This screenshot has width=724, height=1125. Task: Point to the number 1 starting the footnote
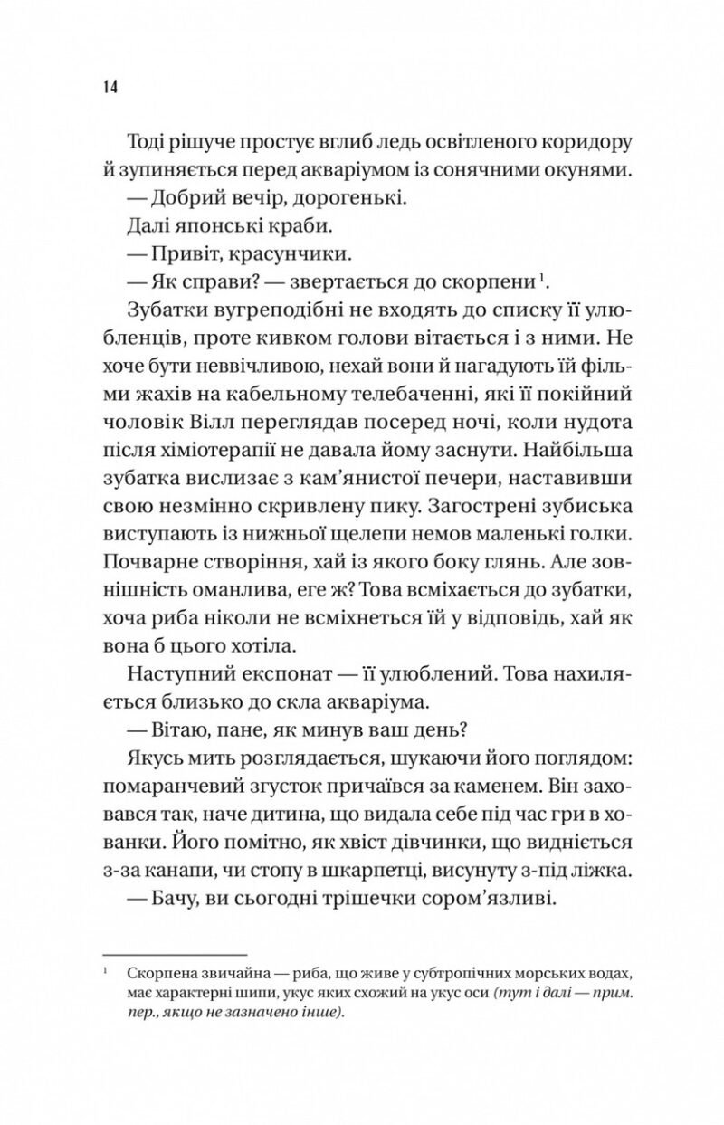tap(106, 970)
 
